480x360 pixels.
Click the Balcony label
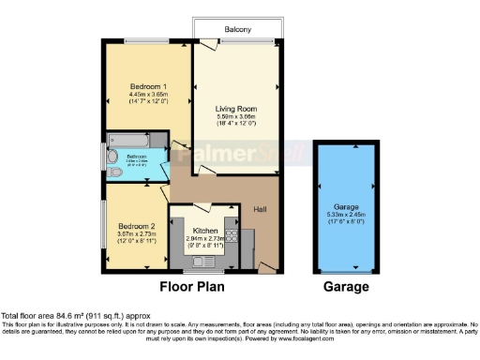pyautogui.click(x=236, y=30)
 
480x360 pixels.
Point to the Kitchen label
pyautogui.click(x=205, y=231)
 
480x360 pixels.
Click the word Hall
pyautogui.click(x=261, y=210)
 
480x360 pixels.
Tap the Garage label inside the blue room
pyautogui.click(x=347, y=205)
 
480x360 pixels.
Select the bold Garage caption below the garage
pyautogui.click(x=346, y=287)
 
